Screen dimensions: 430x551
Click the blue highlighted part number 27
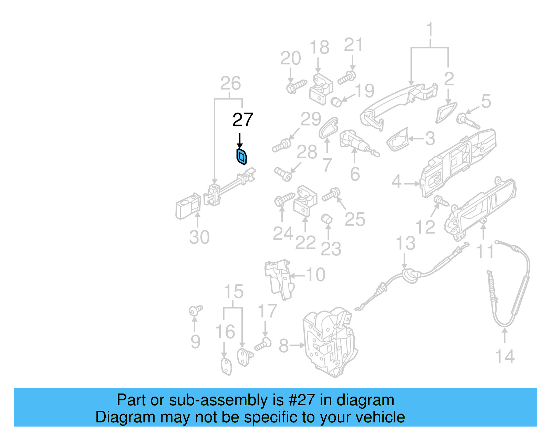tap(242, 157)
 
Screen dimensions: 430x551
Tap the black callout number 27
tap(243, 120)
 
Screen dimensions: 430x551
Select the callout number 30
tap(199, 238)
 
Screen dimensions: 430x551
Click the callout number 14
tap(505, 356)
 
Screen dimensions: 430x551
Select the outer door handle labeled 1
tap(396, 104)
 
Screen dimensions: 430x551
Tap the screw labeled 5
tap(467, 121)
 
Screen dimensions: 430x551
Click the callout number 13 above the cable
tap(405, 243)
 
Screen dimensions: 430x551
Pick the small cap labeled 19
tap(336, 102)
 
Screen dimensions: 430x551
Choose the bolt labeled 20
tap(296, 86)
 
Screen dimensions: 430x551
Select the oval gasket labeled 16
tap(226, 366)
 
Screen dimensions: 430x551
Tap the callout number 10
tap(315, 275)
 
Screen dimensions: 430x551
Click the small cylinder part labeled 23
tap(327, 219)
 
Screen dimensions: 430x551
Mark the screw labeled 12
tap(440, 200)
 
